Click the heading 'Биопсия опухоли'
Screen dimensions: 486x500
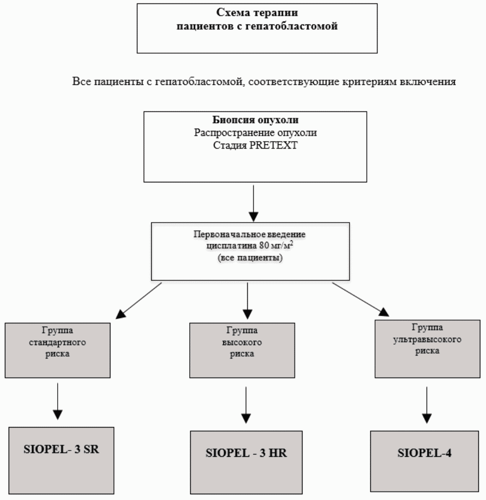(255, 120)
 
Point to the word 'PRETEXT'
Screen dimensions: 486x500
(273, 145)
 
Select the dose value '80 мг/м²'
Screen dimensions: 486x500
(276, 245)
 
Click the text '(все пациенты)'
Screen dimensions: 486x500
(250, 257)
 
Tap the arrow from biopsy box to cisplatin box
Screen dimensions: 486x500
(254, 203)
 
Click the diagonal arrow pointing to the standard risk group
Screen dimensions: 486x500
(138, 300)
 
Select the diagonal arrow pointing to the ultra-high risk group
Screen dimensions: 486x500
(361, 299)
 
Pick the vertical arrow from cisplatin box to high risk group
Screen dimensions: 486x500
(247, 301)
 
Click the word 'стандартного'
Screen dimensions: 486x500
(58, 343)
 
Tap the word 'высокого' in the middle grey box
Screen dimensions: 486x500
(242, 343)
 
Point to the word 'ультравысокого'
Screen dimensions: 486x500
(427, 339)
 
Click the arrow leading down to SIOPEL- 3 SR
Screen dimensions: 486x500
(58, 401)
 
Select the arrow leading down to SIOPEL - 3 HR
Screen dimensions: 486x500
(246, 405)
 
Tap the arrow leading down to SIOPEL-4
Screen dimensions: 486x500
(426, 405)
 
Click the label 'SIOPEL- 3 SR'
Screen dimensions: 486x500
(61, 449)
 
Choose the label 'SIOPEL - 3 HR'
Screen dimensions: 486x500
(246, 453)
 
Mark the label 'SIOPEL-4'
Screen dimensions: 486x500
(425, 453)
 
